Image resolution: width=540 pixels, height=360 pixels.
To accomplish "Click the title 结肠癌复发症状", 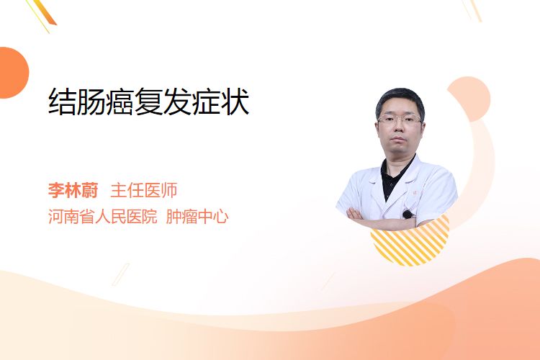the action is click(x=149, y=102).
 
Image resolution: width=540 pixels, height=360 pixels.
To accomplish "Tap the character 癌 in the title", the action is click(x=120, y=102).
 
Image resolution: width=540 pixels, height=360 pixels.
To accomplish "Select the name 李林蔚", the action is click(x=73, y=190).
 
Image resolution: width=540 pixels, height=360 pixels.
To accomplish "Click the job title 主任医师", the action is click(x=143, y=190).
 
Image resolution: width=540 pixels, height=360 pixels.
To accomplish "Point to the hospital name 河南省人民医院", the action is click(x=103, y=217).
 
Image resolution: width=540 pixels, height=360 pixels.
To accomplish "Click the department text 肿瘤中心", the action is click(x=197, y=217).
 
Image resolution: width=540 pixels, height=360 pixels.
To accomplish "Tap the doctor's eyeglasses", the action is click(x=400, y=120).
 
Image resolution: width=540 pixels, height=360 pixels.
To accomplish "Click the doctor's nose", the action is click(x=399, y=128).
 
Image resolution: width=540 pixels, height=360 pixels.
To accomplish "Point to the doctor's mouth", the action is click(x=399, y=139).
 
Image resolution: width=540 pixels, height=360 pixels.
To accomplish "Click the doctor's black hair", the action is click(x=400, y=100).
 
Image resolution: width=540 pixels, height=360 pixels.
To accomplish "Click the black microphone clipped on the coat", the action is click(x=408, y=215).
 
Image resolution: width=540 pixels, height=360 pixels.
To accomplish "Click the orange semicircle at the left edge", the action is click(x=13, y=73).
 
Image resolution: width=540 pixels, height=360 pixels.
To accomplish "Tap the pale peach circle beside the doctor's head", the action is click(x=472, y=98).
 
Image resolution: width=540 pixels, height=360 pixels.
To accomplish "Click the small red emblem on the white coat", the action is click(x=415, y=193).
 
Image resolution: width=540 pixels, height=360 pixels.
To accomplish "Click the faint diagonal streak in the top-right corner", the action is click(x=472, y=10).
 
